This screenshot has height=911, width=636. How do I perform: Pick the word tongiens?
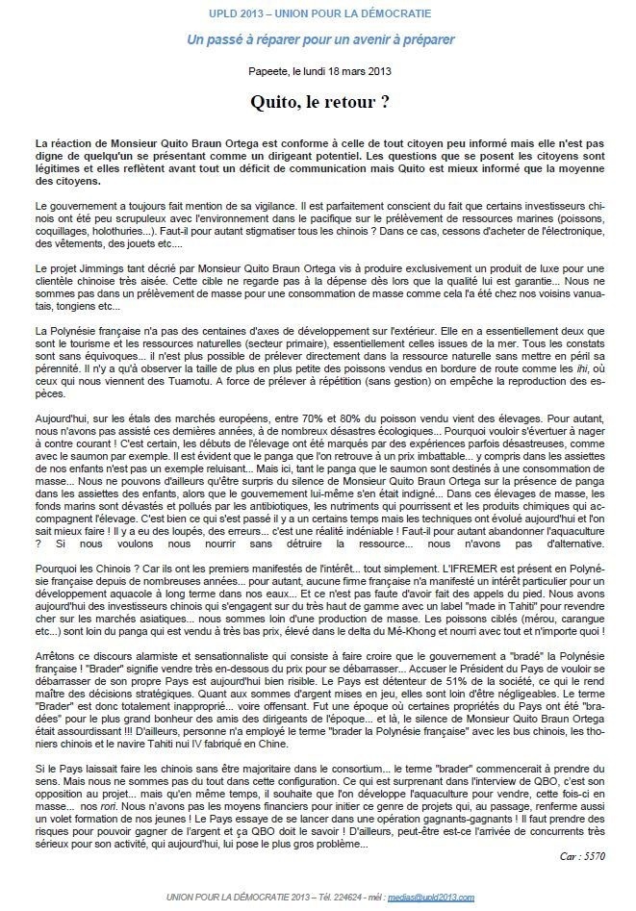59,307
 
